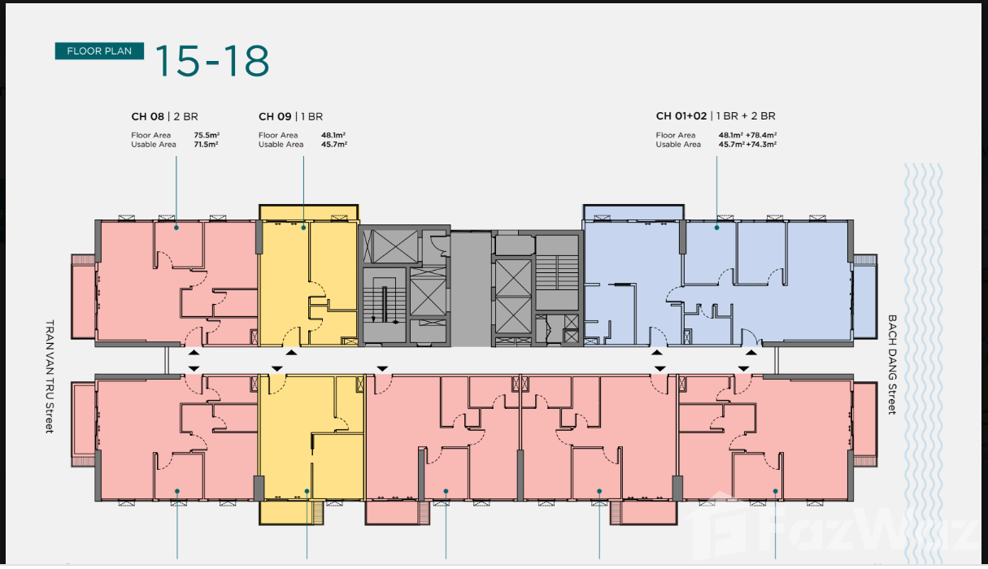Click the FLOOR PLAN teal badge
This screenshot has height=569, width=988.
click(x=99, y=50)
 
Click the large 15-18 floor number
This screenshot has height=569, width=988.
click(x=212, y=60)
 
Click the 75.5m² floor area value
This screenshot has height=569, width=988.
click(x=207, y=135)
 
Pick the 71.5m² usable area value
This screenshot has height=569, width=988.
click(x=206, y=144)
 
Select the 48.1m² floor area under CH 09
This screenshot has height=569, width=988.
click(x=333, y=135)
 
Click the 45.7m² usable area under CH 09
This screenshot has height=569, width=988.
click(x=334, y=144)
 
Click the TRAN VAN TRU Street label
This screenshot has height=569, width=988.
click(x=50, y=376)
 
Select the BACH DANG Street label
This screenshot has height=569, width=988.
click(x=892, y=364)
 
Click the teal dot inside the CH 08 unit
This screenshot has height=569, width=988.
click(x=176, y=228)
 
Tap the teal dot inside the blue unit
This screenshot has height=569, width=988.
click(x=716, y=228)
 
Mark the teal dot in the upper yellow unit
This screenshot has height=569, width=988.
click(x=303, y=228)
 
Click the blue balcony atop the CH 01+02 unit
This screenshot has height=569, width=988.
click(x=633, y=212)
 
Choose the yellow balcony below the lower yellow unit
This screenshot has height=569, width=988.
click(x=291, y=513)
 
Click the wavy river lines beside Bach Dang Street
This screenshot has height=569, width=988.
click(x=923, y=362)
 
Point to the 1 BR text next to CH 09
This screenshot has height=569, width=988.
click(x=311, y=116)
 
